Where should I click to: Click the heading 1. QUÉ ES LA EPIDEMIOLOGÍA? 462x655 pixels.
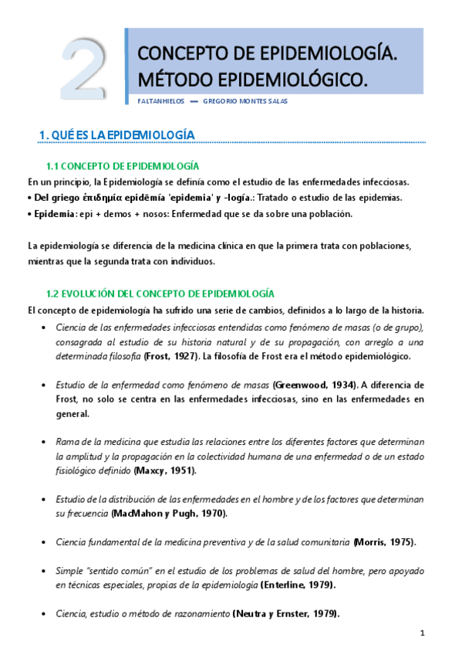point(116,135)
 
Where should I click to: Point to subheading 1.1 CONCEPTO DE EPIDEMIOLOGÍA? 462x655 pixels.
point(123,166)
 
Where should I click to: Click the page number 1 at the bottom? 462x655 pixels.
point(423,633)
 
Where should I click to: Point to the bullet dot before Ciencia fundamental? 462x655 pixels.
point(41,542)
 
